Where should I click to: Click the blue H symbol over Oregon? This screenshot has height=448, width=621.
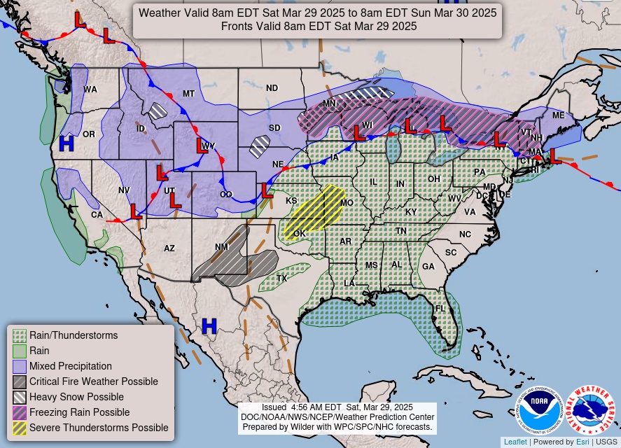67,143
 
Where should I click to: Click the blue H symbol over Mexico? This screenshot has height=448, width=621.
209,325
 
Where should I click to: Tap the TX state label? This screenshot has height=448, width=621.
281,278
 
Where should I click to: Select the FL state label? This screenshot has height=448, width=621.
440,308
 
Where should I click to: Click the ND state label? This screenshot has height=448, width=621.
272,88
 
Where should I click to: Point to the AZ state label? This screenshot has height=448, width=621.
169,248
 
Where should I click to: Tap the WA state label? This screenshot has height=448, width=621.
90,90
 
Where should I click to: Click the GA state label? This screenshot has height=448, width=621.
428,266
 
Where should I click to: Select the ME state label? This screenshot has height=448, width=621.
558,115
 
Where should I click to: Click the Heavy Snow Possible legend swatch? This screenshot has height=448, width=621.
20,397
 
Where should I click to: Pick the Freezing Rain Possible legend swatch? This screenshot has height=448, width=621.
20,412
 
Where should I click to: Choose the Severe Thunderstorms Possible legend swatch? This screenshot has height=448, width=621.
20,428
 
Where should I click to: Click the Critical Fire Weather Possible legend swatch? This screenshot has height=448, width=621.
20,381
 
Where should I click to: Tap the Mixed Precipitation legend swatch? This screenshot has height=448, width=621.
20,366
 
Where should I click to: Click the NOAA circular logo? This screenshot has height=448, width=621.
540,410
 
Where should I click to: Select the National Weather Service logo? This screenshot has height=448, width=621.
589,410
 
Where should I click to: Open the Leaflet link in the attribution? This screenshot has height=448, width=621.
515,442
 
